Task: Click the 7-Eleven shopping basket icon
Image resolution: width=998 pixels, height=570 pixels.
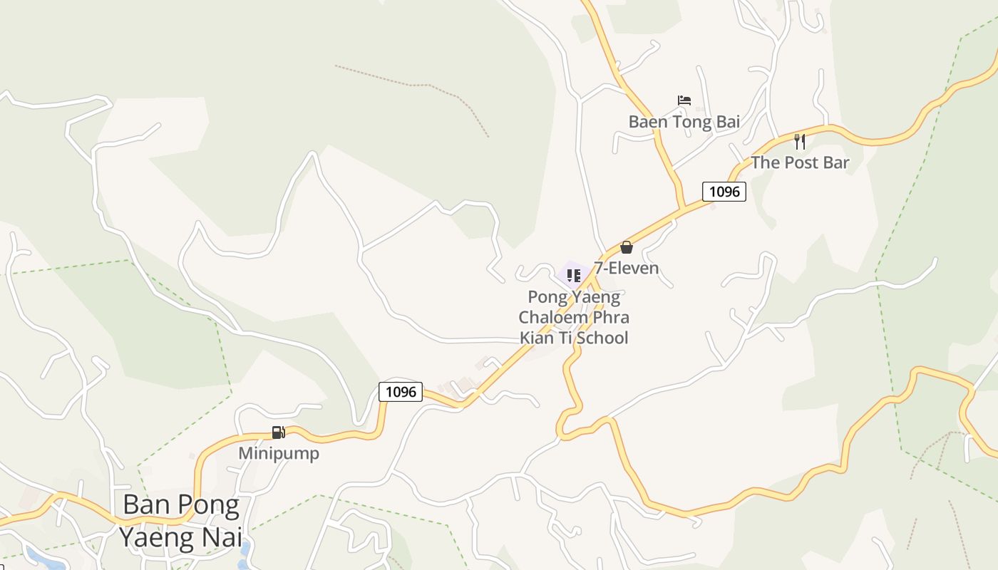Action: [x=627, y=247]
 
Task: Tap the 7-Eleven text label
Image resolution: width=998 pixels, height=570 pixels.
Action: [x=627, y=268]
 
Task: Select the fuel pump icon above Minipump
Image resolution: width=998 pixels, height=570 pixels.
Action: [x=278, y=432]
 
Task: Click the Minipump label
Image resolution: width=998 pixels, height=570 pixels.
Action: [x=279, y=453]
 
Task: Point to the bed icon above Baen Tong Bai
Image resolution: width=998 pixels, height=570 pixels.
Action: [x=684, y=100]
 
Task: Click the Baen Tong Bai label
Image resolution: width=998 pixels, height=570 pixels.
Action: [x=684, y=122]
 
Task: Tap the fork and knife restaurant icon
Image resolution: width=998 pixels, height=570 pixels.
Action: [x=800, y=141]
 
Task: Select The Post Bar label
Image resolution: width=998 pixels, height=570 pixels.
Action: [x=800, y=162]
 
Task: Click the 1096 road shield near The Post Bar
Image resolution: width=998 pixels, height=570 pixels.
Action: [x=724, y=191]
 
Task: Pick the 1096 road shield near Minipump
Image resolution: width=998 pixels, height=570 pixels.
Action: [x=401, y=391]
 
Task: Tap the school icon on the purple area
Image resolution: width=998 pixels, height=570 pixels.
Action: [x=574, y=275]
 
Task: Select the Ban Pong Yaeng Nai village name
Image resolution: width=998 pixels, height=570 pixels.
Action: [x=181, y=520]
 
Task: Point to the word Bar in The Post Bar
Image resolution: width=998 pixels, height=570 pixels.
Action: [x=835, y=162]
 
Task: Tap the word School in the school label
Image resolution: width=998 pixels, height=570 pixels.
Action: [x=602, y=338]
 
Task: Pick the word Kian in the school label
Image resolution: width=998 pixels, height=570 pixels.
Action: [x=537, y=338]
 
